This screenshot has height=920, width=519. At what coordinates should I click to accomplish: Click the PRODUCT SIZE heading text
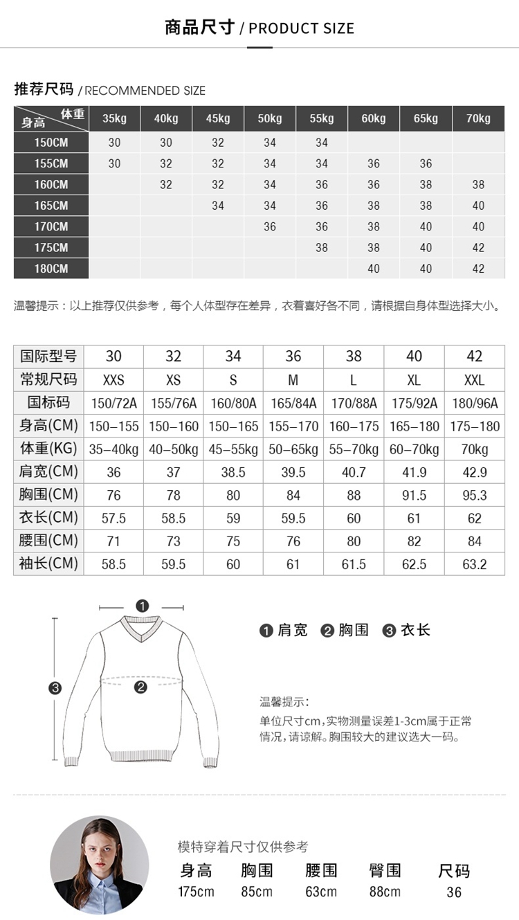[x=301, y=28]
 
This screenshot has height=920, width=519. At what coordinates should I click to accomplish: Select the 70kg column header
[x=478, y=118]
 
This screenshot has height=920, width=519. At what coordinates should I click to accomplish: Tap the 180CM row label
[x=52, y=269]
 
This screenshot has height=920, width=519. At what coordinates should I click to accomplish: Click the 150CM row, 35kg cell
[x=114, y=143]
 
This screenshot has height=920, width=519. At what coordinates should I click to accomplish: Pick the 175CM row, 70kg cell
[x=478, y=248]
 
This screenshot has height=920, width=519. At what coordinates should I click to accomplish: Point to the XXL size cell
[x=474, y=380]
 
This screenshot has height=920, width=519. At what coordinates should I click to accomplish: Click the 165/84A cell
[x=293, y=403]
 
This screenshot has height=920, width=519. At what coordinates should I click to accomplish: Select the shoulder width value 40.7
[x=354, y=472]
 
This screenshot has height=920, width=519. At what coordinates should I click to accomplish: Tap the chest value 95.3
[x=474, y=495]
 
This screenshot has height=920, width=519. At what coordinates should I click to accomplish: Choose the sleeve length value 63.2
[x=474, y=564]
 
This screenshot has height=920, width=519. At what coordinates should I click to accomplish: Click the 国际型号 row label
[x=48, y=357]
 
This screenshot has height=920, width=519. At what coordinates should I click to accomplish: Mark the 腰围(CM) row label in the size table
[x=48, y=541]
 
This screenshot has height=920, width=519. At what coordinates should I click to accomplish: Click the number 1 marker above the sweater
[x=143, y=606]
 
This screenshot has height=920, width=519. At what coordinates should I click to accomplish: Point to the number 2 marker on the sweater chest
[x=141, y=687]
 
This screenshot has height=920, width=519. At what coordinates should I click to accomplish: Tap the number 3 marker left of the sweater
[x=55, y=687]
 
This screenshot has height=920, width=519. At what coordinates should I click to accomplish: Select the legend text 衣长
[x=415, y=630]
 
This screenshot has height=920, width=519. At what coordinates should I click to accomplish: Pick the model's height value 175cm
[x=196, y=892]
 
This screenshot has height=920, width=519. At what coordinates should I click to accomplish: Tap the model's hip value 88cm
[x=384, y=892]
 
